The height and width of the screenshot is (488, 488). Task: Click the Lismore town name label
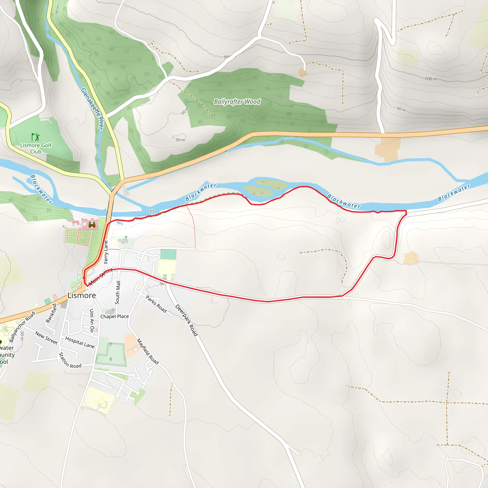[x=81, y=295]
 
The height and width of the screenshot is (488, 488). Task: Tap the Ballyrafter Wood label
[x=237, y=102]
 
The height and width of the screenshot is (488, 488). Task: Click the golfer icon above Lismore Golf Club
[x=35, y=137]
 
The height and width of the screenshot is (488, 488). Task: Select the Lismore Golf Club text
[x=36, y=148]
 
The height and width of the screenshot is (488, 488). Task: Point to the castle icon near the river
[x=92, y=224]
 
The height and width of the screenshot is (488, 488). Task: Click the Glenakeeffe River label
[x=92, y=109]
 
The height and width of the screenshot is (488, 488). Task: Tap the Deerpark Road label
[x=186, y=320]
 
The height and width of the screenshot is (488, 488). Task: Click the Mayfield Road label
[x=148, y=351]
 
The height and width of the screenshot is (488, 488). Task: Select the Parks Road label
[x=156, y=304]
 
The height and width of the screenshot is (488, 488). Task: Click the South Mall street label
[x=118, y=293]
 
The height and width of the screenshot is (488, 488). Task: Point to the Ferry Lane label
[x=106, y=252]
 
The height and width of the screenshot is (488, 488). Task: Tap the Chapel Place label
[x=114, y=316]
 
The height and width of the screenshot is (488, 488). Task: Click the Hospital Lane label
[x=80, y=342]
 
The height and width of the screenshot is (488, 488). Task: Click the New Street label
[x=46, y=338]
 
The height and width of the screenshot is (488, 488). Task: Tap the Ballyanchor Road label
[x=22, y=327]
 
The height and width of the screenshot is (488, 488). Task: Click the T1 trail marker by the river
[x=152, y=212]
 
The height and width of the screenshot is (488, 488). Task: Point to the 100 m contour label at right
[x=431, y=79]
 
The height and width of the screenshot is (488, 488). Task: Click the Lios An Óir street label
[x=92, y=320]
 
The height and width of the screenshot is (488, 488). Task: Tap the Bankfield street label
[x=51, y=313]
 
